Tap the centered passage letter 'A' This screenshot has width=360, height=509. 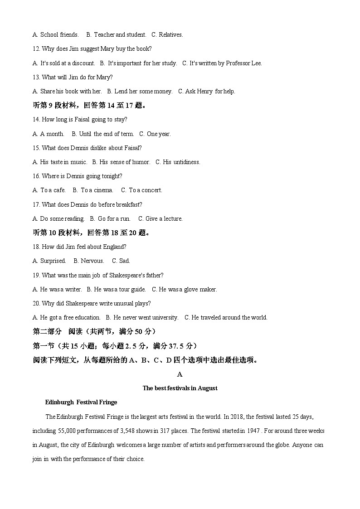click(180, 374)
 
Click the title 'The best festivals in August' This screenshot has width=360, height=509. click(180, 388)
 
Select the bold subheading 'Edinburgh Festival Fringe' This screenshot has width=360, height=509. click(81, 402)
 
